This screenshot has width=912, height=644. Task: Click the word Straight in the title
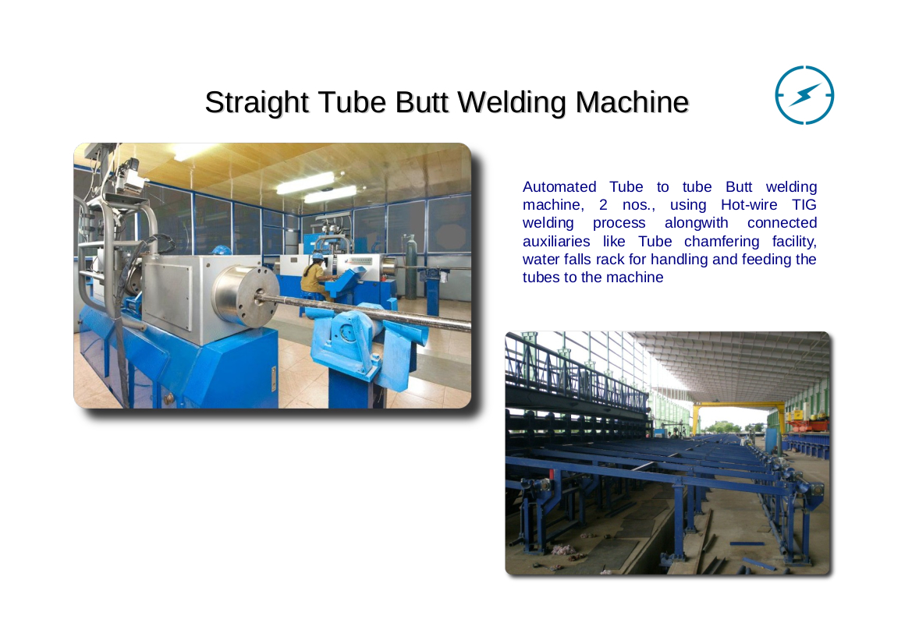tap(257, 104)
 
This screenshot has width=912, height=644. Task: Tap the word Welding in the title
tap(512, 104)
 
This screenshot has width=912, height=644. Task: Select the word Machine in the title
tap(632, 102)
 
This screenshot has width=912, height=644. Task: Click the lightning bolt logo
tap(804, 95)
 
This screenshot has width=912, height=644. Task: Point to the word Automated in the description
tap(559, 186)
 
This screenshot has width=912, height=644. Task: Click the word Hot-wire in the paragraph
tap(749, 204)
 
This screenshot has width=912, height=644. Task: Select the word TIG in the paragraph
tap(804, 204)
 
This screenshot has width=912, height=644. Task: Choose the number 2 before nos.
tap(603, 205)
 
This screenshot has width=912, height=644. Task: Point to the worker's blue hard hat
tap(318, 255)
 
